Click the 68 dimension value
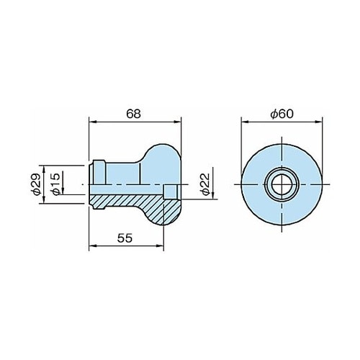134,114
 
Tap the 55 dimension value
125,238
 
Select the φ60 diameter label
282,114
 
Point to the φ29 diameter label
36,184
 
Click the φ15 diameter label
55,184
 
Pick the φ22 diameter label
205,184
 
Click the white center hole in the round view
282,184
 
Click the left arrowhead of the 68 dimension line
93,122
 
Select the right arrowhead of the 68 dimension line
178,122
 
